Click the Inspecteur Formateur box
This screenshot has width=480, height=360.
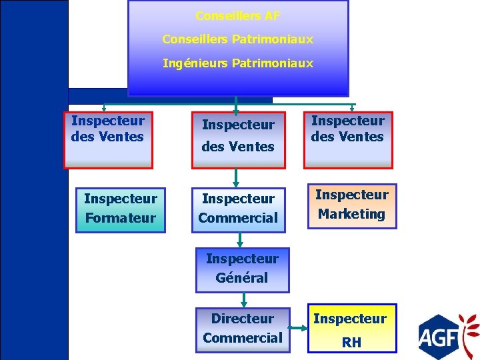[x=120, y=208]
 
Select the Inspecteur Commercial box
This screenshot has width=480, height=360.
[x=238, y=208]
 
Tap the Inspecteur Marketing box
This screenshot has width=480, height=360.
[x=351, y=205]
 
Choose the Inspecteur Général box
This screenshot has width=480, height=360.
[x=242, y=269]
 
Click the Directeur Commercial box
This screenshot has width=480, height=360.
[x=242, y=329]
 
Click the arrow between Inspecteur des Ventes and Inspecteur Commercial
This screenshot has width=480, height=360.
[x=236, y=177]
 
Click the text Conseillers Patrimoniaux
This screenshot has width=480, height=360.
[x=237, y=39]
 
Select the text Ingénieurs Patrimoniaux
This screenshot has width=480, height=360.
[x=237, y=63]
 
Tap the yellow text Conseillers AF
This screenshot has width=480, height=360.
[x=237, y=15]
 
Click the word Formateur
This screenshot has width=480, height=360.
[x=120, y=218]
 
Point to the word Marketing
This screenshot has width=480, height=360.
[x=351, y=214]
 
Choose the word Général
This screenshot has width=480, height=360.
[x=242, y=278]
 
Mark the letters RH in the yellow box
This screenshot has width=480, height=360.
[x=351, y=343]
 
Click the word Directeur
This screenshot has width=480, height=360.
[x=242, y=319]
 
